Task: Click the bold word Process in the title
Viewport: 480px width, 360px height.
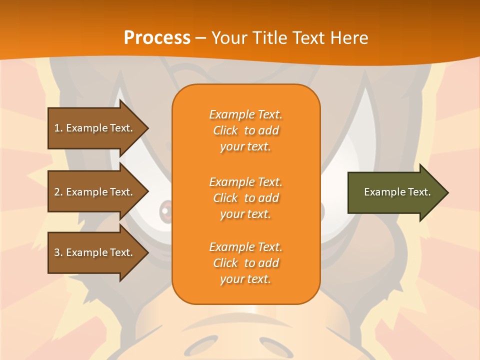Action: (x=157, y=38)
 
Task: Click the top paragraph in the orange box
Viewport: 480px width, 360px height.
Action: (x=245, y=130)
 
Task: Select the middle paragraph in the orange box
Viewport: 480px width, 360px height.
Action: (x=245, y=198)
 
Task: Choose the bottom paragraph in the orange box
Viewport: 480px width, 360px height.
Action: (x=245, y=263)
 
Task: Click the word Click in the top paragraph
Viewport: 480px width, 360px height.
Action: (x=225, y=130)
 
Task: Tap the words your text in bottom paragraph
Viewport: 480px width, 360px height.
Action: (x=245, y=279)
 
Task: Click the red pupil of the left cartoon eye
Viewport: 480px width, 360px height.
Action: (x=165, y=210)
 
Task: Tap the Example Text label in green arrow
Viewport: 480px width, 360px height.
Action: (x=397, y=192)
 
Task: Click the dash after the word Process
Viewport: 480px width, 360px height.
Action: (x=201, y=38)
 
